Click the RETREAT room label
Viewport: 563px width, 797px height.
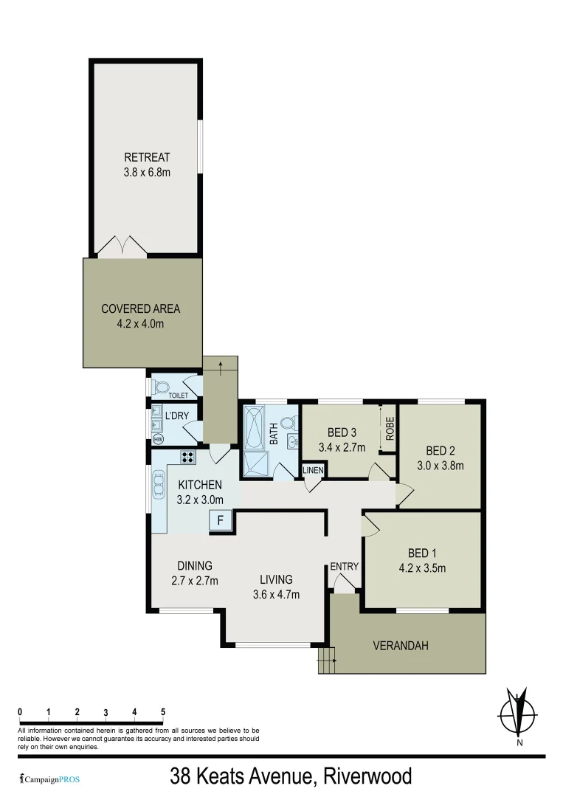[x=147, y=157]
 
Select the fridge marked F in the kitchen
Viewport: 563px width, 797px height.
[x=219, y=521]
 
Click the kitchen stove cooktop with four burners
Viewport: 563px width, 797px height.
[x=187, y=457]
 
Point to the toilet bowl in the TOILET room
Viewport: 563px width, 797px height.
[x=160, y=384]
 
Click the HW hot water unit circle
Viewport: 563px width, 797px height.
[x=157, y=439]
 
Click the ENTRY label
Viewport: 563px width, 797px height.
[x=344, y=567]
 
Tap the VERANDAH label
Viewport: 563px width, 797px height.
[x=401, y=646]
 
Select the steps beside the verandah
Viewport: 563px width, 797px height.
[x=325, y=659]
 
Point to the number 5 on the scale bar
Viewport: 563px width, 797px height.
[x=163, y=711]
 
